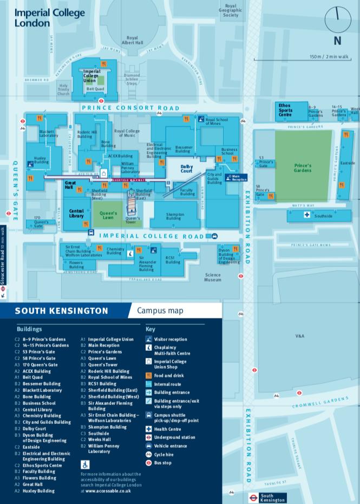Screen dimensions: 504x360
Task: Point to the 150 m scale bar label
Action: tap(329, 56)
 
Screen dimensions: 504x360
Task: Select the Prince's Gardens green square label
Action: tap(303, 168)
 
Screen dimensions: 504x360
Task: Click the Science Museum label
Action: tap(213, 277)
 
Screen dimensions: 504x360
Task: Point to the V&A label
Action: tap(300, 336)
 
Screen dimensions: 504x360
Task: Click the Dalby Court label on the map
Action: tap(186, 169)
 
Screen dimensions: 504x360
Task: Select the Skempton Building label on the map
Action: tap(175, 215)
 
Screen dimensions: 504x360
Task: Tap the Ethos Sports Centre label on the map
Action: tap(285, 110)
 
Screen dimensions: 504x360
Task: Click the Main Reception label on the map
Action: tap(239, 177)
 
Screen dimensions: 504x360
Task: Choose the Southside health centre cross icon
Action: tap(306, 215)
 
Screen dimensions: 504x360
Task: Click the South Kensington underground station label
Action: tap(272, 498)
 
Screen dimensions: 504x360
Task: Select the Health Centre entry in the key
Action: tap(167, 429)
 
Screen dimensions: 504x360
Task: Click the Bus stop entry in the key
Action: tap(162, 463)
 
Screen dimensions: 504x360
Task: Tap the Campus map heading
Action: tap(160, 311)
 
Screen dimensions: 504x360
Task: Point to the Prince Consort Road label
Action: tap(130, 108)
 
